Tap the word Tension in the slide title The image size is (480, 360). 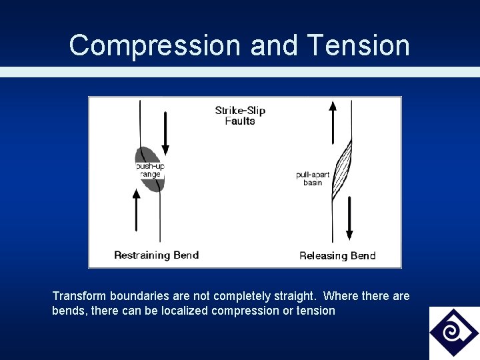[359, 46]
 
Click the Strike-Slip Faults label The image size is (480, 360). [240, 115]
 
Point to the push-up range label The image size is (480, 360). [149, 170]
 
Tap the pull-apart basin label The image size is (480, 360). [313, 179]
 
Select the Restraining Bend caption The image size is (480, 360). [156, 255]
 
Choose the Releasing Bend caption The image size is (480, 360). [337, 255]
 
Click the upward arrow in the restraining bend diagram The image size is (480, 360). [137, 210]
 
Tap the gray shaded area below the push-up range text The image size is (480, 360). [153, 185]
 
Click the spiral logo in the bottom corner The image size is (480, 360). [453, 332]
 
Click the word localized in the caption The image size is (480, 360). [185, 311]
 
